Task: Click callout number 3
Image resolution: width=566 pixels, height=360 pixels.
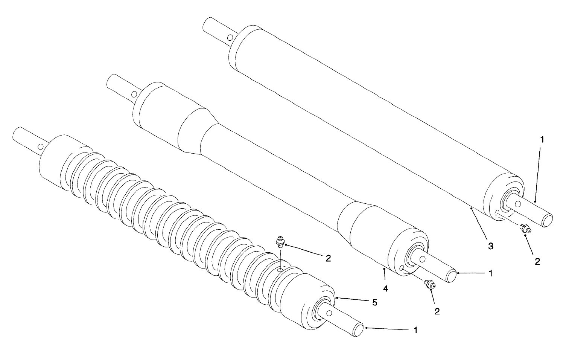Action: [x=490, y=246]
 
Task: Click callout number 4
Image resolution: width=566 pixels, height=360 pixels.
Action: [x=385, y=288]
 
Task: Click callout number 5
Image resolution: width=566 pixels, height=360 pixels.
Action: [x=374, y=302]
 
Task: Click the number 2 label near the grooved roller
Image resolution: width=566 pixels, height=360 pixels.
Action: [x=328, y=258]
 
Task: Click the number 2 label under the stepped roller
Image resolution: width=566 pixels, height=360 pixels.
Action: [x=437, y=311]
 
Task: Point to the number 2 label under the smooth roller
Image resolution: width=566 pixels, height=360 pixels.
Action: [x=537, y=261]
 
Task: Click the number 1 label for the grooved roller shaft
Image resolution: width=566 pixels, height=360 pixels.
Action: [x=415, y=330]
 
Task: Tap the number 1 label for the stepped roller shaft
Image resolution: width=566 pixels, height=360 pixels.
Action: [x=490, y=273]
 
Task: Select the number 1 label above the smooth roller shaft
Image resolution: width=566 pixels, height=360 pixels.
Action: [x=542, y=139]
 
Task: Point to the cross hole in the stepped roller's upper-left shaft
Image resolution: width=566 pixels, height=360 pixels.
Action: [x=134, y=94]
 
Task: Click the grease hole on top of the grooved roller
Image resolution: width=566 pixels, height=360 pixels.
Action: [x=280, y=270]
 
